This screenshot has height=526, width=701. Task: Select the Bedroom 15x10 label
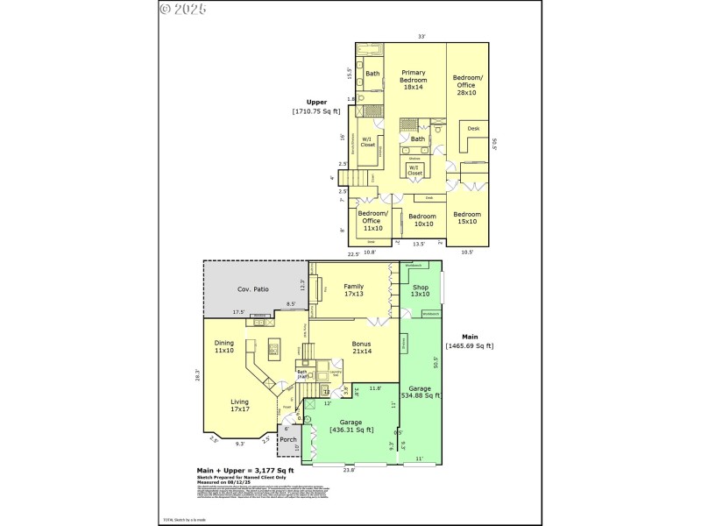tap(466, 217)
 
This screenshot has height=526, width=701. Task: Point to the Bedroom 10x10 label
tap(421, 219)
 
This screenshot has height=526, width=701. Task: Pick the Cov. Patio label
tap(253, 289)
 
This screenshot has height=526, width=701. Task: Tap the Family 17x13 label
tap(353, 290)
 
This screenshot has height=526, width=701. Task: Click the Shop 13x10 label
tap(421, 290)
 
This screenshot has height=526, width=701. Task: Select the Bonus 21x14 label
tap(361, 347)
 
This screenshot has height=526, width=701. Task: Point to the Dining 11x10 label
tap(224, 347)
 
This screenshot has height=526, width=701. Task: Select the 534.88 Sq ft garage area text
tap(421, 395)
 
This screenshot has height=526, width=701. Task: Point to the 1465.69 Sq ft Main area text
tap(470, 345)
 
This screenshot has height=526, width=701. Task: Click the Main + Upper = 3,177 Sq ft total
tap(244, 470)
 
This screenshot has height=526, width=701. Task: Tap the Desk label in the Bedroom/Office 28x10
tap(473, 129)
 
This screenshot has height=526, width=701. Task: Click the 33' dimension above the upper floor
tap(421, 37)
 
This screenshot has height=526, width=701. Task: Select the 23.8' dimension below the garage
tap(349, 469)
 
